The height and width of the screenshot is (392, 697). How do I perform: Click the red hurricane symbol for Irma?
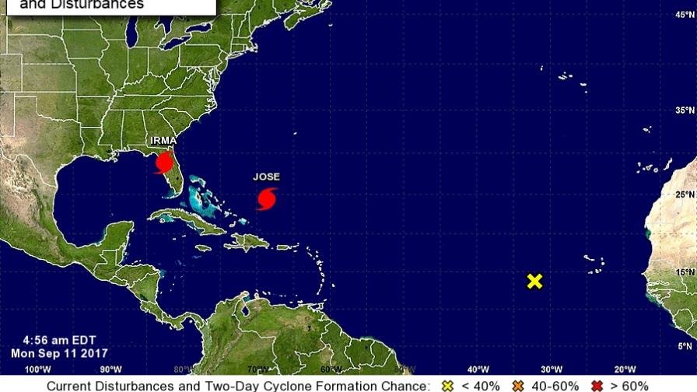point(164,163)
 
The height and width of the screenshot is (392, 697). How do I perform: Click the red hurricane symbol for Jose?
point(267,198)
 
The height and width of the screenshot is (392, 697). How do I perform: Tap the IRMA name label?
point(163,142)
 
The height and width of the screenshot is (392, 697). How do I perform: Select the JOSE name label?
point(266,177)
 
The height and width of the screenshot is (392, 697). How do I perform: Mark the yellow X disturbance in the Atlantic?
point(534,281)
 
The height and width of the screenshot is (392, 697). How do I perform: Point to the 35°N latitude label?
point(684,110)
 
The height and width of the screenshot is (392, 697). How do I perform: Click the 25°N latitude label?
point(684,194)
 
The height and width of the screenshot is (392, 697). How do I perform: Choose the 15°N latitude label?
point(684,272)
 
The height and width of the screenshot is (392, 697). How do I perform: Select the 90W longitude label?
point(111,369)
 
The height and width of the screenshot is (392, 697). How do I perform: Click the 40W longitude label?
point(478,369)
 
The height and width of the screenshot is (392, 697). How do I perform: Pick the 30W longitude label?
point(552,369)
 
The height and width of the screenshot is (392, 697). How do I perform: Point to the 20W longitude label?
point(625,369)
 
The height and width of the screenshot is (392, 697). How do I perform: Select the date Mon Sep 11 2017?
point(58,352)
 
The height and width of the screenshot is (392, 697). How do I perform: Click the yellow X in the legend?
point(447,386)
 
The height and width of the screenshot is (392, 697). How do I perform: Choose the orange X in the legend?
point(517,386)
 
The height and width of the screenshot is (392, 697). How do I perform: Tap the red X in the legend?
point(597,386)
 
